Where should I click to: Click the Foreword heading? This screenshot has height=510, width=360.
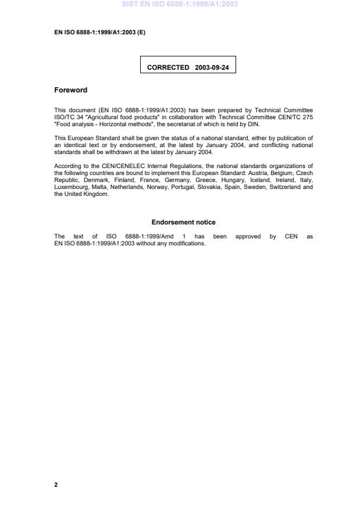(x=70, y=90)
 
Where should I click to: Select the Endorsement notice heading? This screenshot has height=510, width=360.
(x=183, y=222)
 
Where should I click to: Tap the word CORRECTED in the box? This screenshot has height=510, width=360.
(x=168, y=67)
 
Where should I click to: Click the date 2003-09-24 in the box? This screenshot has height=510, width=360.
(x=212, y=67)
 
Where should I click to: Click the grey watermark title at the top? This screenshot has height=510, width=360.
(x=180, y=4)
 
